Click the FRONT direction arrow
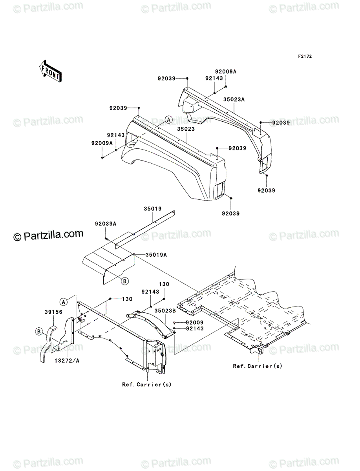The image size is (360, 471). coord(50,71)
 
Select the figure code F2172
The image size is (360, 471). coord(305,57)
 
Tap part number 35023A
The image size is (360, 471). coord(234,100)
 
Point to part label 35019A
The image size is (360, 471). coord(156,255)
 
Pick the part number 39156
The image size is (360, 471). coord(53,312)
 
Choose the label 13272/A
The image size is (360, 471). coord(67,361)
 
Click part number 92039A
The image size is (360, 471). coord(106,224)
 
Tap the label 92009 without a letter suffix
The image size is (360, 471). coord(195,323)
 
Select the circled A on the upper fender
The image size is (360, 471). coord(169,120)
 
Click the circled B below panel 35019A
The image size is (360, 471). coord(125,281)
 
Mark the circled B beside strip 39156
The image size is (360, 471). coord(39,332)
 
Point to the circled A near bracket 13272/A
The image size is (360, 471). coord(63,302)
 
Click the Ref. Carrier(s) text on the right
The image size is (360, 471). coord(258,366)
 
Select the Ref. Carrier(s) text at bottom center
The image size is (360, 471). coord(147,384)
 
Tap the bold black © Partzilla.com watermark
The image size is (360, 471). coord(48,235)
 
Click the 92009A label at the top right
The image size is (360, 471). coord(226,72)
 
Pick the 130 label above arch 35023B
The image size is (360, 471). coord(164,284)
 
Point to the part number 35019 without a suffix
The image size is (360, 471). coord(153,208)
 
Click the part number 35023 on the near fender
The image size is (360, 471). coord(186,129)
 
